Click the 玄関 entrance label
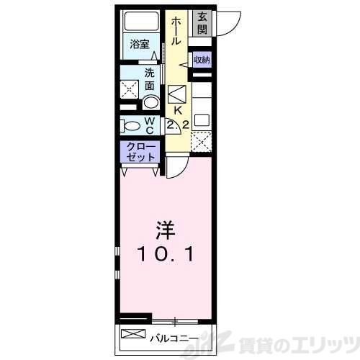tap(202, 22)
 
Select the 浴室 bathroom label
tap(139, 45)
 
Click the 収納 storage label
tap(202, 60)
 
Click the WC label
tap(150, 126)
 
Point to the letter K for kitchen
tap(176, 110)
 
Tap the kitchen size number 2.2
tap(178, 125)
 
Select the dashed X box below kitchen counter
tap(202, 141)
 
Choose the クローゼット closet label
tap(139, 153)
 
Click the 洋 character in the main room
tap(165, 231)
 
